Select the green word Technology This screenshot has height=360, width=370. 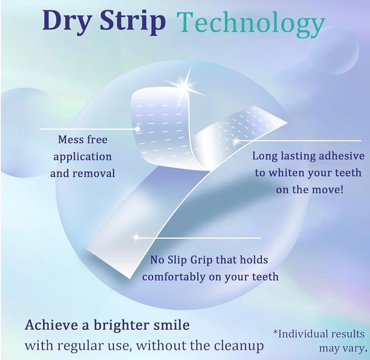(251, 23)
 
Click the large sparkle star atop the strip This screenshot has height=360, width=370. (184, 85)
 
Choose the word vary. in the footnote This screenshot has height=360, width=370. (357, 348)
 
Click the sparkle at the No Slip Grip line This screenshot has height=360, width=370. (135, 238)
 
